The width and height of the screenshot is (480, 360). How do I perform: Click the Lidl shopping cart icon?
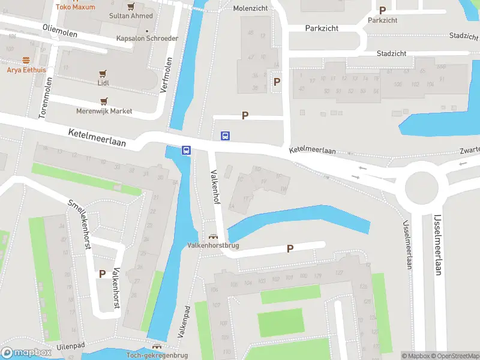(103, 74)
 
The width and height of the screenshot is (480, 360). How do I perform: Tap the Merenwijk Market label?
(104, 111)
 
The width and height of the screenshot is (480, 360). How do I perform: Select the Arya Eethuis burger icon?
(26, 60)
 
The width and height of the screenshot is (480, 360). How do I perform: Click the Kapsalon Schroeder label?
(147, 38)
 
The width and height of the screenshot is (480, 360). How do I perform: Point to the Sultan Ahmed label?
(133, 16)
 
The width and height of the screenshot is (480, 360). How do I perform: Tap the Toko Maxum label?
(75, 7)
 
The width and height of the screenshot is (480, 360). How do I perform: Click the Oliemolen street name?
(60, 31)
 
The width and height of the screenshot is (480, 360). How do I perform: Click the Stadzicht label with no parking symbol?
(391, 53)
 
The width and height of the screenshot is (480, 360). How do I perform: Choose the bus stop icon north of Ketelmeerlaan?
(225, 136)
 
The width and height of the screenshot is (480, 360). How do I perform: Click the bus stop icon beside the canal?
(187, 151)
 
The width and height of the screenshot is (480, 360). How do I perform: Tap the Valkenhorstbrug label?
(213, 245)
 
